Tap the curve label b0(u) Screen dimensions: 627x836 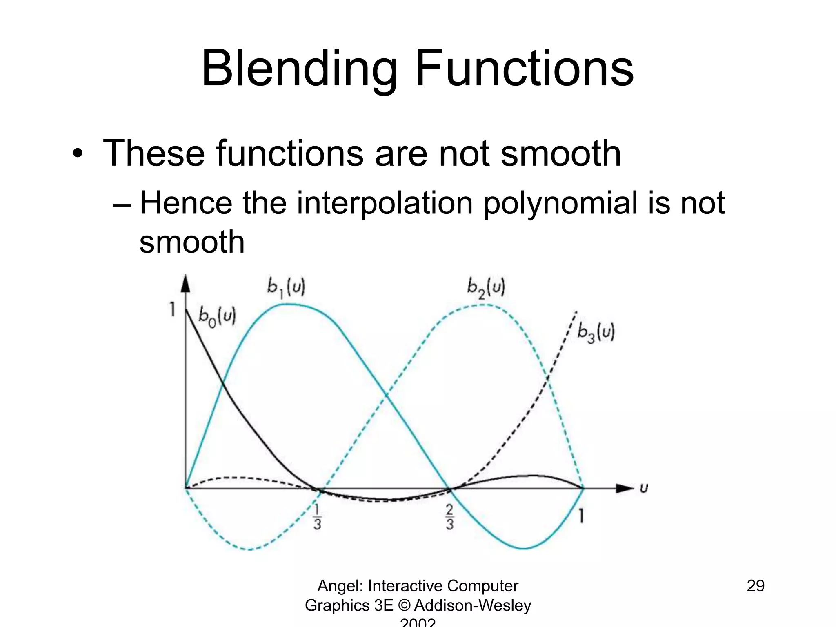(217, 316)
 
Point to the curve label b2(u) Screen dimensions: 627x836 (486, 288)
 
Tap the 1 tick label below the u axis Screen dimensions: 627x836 (581, 516)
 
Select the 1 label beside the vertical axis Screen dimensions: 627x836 (173, 310)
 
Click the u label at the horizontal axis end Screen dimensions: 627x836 (644, 488)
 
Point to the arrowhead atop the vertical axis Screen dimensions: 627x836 (186, 283)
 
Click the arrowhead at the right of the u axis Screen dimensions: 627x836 (625, 488)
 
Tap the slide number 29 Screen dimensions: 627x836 (756, 586)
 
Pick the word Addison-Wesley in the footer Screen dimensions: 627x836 (473, 605)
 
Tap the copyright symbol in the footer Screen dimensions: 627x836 (404, 605)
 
